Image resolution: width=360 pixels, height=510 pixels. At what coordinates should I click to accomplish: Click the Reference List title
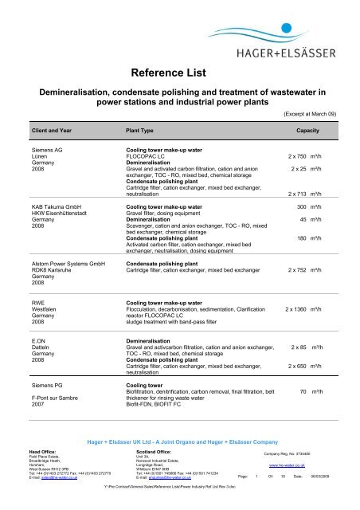click(181, 74)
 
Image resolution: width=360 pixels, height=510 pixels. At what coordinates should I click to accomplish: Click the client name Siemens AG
click(49, 150)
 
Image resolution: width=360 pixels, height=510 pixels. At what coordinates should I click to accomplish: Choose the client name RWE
click(39, 304)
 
